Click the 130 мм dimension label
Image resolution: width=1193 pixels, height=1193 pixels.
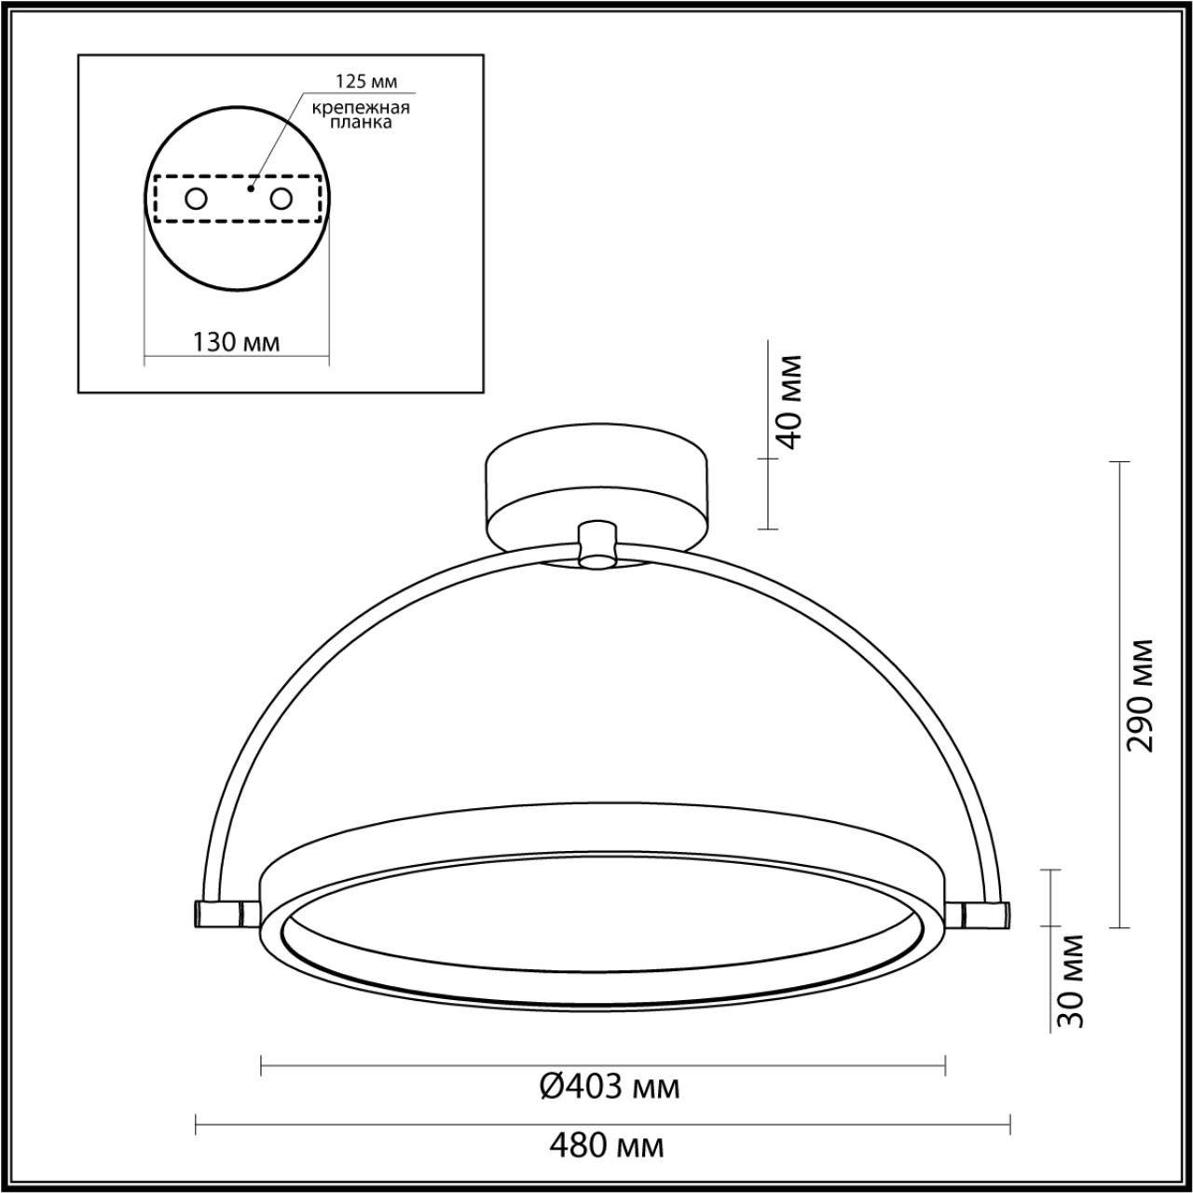coord(236,342)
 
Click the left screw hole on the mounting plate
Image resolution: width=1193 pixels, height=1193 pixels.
coord(196,199)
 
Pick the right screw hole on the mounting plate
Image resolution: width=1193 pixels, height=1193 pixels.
coord(281,199)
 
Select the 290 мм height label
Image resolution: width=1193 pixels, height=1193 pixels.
coord(1139,694)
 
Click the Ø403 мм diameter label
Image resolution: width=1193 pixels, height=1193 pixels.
coord(610,1087)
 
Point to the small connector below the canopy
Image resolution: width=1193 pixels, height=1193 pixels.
coord(597,544)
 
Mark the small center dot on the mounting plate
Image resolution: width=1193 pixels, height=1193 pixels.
coord(249,187)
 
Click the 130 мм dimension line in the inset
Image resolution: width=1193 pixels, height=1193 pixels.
coord(168,356)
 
